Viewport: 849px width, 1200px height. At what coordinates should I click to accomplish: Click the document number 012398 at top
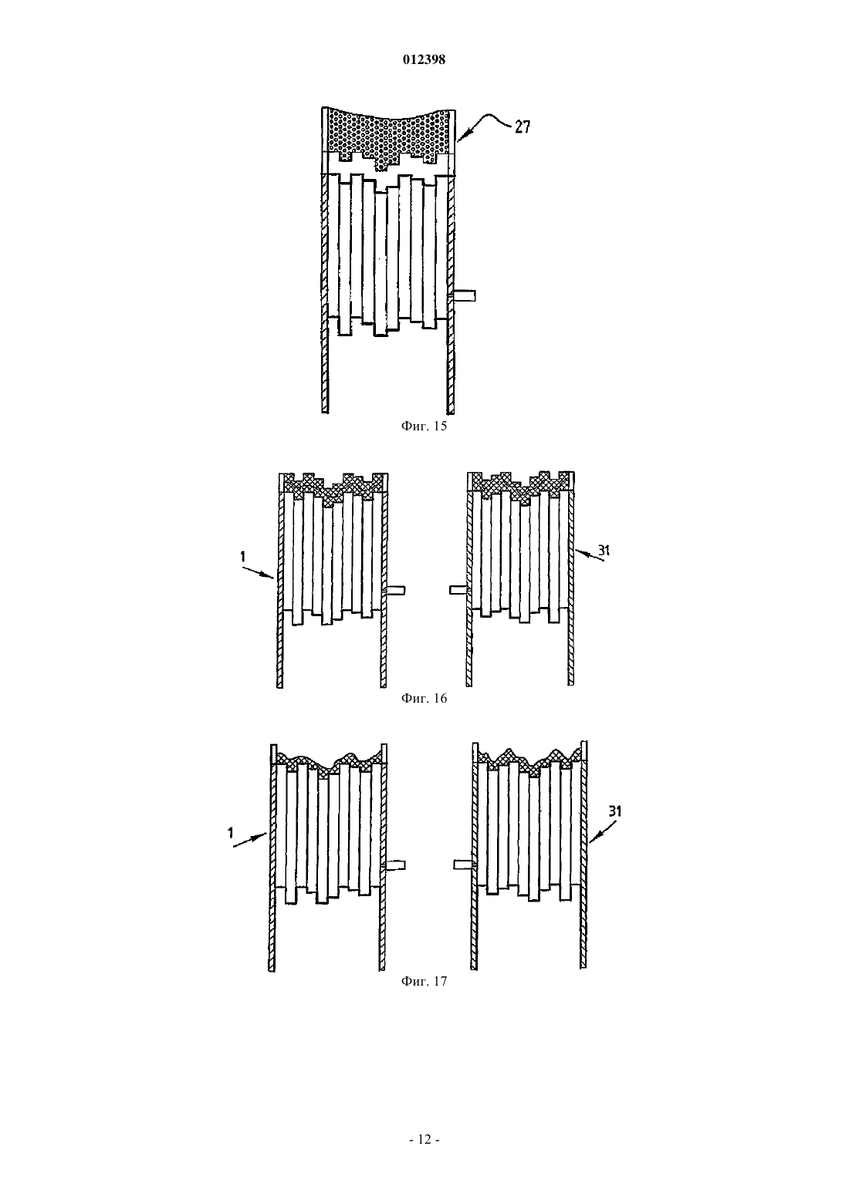(x=424, y=59)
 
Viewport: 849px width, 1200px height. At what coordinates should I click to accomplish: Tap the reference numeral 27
(x=522, y=126)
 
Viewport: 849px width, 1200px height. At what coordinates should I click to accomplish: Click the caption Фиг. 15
(x=424, y=426)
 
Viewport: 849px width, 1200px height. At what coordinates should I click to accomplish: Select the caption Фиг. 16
(x=424, y=698)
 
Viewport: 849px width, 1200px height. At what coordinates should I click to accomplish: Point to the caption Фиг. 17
(x=424, y=982)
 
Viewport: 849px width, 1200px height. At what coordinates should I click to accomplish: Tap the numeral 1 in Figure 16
(x=243, y=557)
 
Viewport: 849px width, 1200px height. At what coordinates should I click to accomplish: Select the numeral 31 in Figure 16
(x=604, y=550)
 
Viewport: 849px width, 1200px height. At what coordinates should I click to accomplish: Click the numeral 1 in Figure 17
(x=230, y=833)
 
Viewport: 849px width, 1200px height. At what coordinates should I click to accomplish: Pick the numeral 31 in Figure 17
(x=615, y=811)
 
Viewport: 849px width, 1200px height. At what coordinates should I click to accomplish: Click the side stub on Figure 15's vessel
(x=464, y=295)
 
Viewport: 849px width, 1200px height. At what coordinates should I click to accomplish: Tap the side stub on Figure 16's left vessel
(x=395, y=590)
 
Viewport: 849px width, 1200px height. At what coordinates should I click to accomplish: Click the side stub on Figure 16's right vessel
(x=459, y=590)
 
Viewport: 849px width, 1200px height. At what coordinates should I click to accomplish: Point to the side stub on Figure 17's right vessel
(x=465, y=864)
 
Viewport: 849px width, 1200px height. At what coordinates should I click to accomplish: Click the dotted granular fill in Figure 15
(x=391, y=134)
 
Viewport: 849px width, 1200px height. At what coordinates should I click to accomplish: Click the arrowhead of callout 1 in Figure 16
(x=273, y=577)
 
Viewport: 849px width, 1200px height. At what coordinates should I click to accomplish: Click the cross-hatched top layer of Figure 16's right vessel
(x=520, y=486)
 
